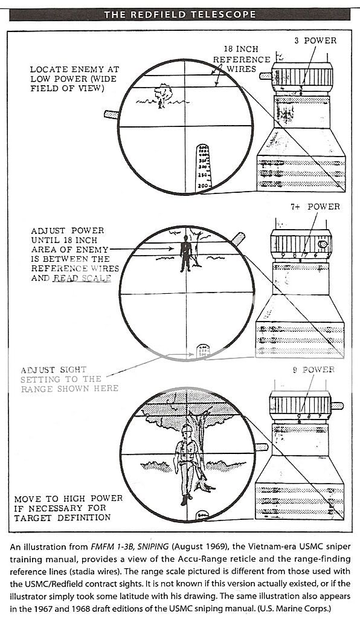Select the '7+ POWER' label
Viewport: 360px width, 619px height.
click(x=315, y=207)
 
